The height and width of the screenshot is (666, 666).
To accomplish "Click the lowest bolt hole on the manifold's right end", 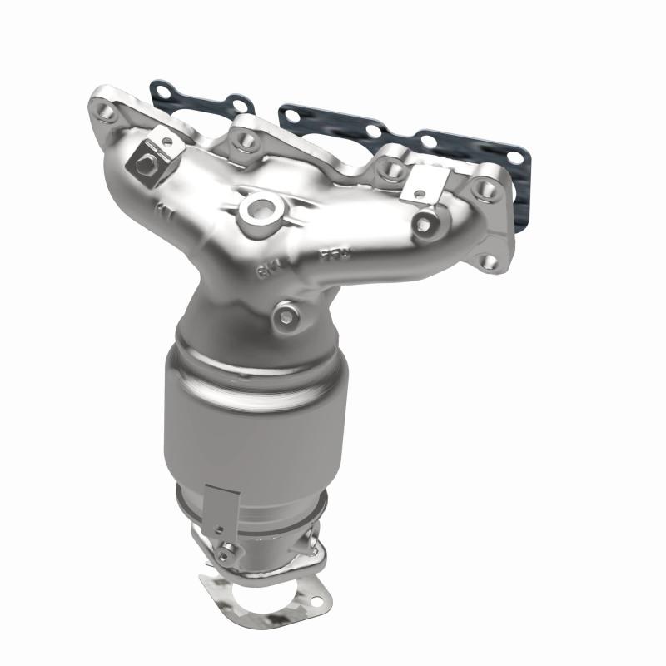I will click(489, 262).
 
